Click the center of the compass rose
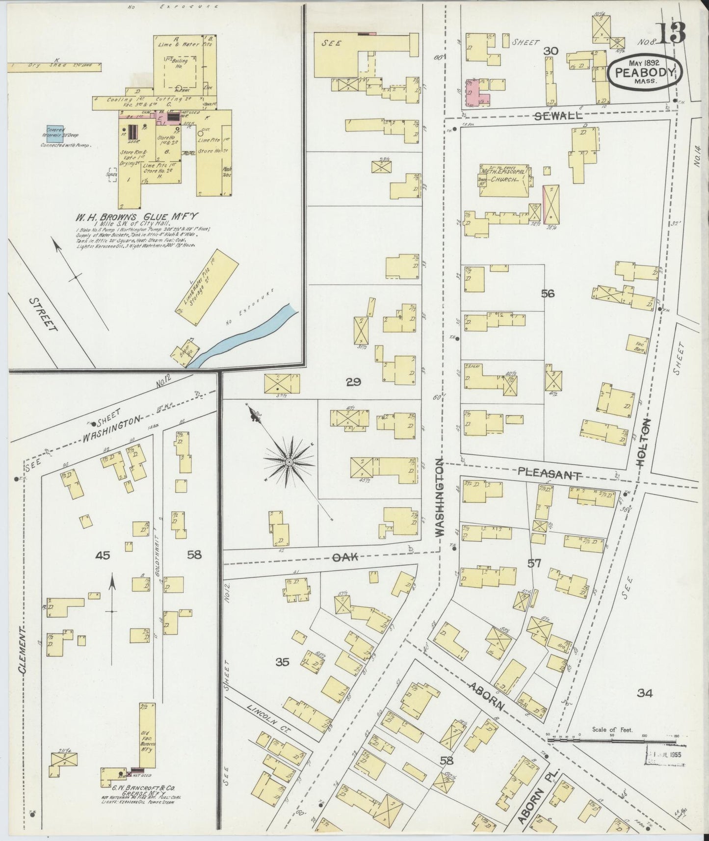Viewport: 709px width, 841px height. (289, 462)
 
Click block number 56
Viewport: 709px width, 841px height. (548, 293)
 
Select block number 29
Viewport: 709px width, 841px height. (353, 382)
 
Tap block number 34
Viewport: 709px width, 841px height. (644, 693)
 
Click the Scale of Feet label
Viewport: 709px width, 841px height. (612, 729)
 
